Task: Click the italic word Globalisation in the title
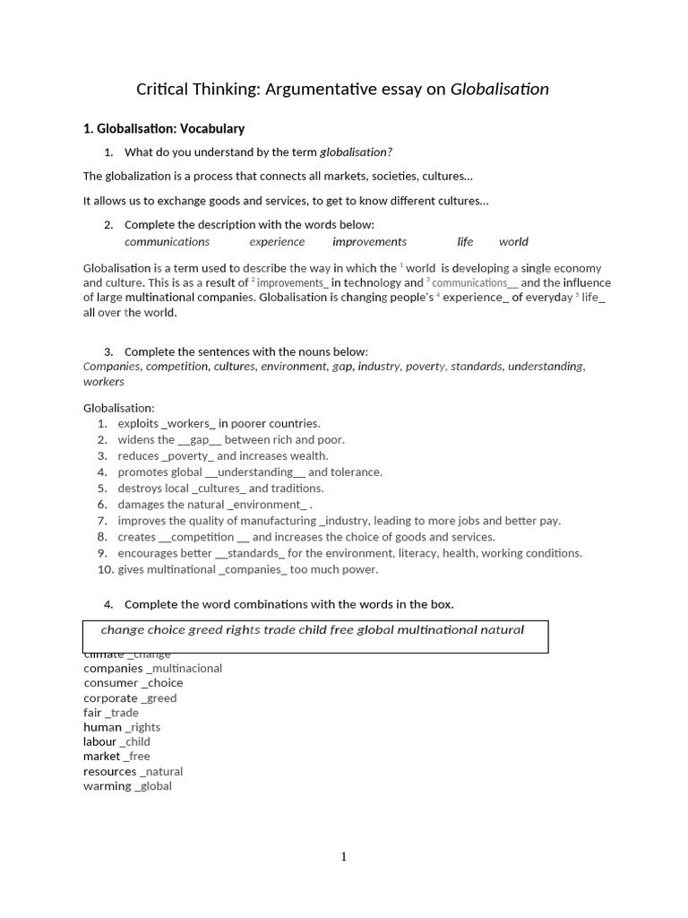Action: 499,89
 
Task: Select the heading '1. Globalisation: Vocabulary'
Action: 164,129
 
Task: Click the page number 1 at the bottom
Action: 343,857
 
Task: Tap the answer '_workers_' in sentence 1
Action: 188,424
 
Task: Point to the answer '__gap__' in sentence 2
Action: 199,440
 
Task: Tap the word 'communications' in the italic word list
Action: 167,242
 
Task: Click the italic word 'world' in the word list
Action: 513,242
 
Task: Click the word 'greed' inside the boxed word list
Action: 205,630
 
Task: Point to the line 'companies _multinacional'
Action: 152,669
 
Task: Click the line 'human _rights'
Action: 122,727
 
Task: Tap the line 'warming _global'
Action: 127,786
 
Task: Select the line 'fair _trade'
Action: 111,713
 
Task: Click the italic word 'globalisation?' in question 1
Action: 356,152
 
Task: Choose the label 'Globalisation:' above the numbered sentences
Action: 119,408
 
